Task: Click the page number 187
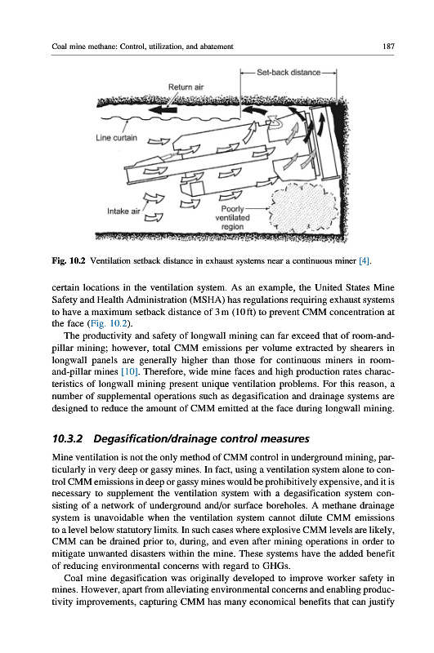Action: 388,47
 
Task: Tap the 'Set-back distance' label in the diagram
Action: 289,73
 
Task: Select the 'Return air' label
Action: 186,87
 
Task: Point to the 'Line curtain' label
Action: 116,137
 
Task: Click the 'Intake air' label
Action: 123,211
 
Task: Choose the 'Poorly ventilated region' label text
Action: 232,218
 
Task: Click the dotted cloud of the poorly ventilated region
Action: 302,208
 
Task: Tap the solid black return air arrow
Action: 163,109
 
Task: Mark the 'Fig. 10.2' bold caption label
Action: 69,261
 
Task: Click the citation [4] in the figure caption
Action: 365,261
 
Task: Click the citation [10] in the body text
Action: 127,371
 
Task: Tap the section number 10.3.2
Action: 68,438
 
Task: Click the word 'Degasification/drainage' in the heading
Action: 155,438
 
